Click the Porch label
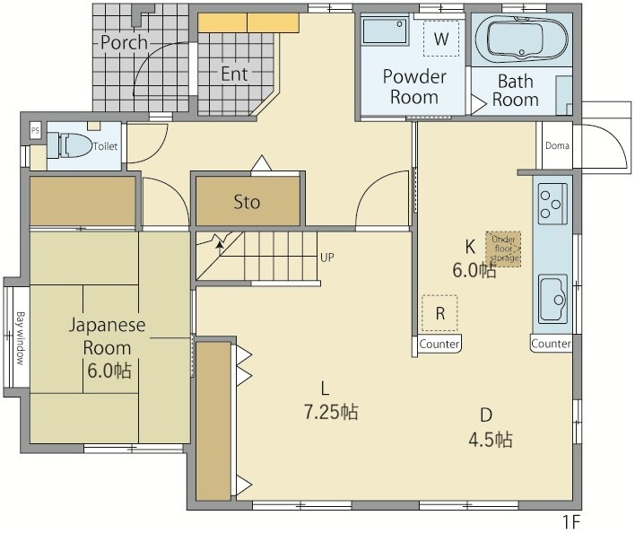tap(124, 42)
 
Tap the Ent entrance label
tap(234, 74)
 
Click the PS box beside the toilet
tap(35, 131)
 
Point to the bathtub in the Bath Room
tap(522, 39)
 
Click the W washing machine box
tap(441, 39)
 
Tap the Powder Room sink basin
tap(385, 31)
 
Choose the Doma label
tap(557, 145)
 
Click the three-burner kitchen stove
tap(552, 204)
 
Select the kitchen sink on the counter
tap(552, 299)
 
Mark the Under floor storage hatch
tap(503, 249)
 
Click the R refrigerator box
tap(439, 313)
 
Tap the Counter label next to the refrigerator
tap(439, 345)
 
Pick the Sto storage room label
tap(247, 202)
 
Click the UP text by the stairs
tap(327, 258)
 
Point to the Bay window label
tap(21, 338)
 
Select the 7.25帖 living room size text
tap(331, 412)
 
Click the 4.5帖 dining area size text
tap(491, 440)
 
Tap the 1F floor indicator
tap(572, 522)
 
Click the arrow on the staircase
tap(220, 248)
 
